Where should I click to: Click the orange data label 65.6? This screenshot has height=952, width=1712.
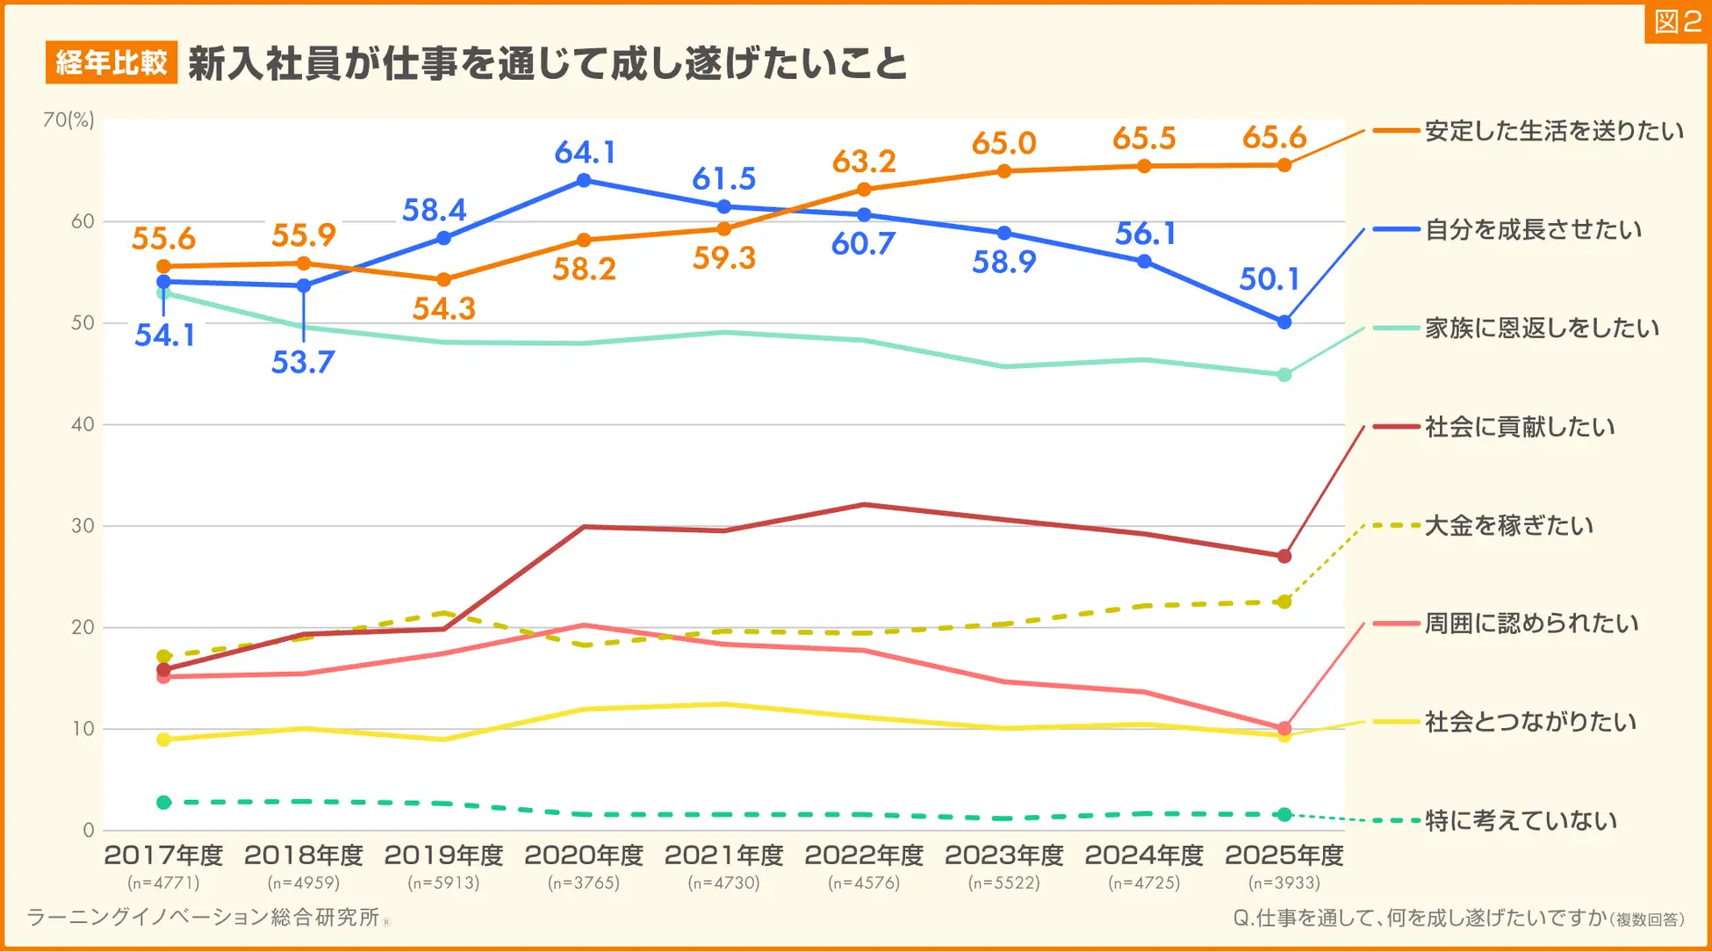(1274, 138)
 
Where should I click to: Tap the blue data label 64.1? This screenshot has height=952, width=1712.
(585, 153)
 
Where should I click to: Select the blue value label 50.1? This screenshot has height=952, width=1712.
(1269, 279)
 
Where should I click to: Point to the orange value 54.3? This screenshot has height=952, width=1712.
(443, 309)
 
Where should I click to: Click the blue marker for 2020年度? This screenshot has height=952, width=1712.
(584, 181)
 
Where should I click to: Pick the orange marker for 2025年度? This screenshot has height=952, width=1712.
(1284, 165)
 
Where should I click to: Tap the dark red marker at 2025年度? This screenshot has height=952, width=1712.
(1284, 556)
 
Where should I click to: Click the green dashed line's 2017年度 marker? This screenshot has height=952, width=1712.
(163, 802)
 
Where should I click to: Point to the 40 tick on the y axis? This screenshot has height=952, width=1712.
(83, 424)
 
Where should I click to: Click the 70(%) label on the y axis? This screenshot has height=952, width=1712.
(68, 120)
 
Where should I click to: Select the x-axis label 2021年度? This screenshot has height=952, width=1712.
(723, 855)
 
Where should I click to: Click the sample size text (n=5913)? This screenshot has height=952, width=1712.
(443, 883)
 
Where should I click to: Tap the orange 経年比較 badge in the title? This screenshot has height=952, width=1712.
(111, 62)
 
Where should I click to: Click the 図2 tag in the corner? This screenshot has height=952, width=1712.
(1677, 22)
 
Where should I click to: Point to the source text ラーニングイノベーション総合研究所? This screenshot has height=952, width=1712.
(204, 918)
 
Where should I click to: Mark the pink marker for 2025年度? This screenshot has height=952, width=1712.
(1284, 728)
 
